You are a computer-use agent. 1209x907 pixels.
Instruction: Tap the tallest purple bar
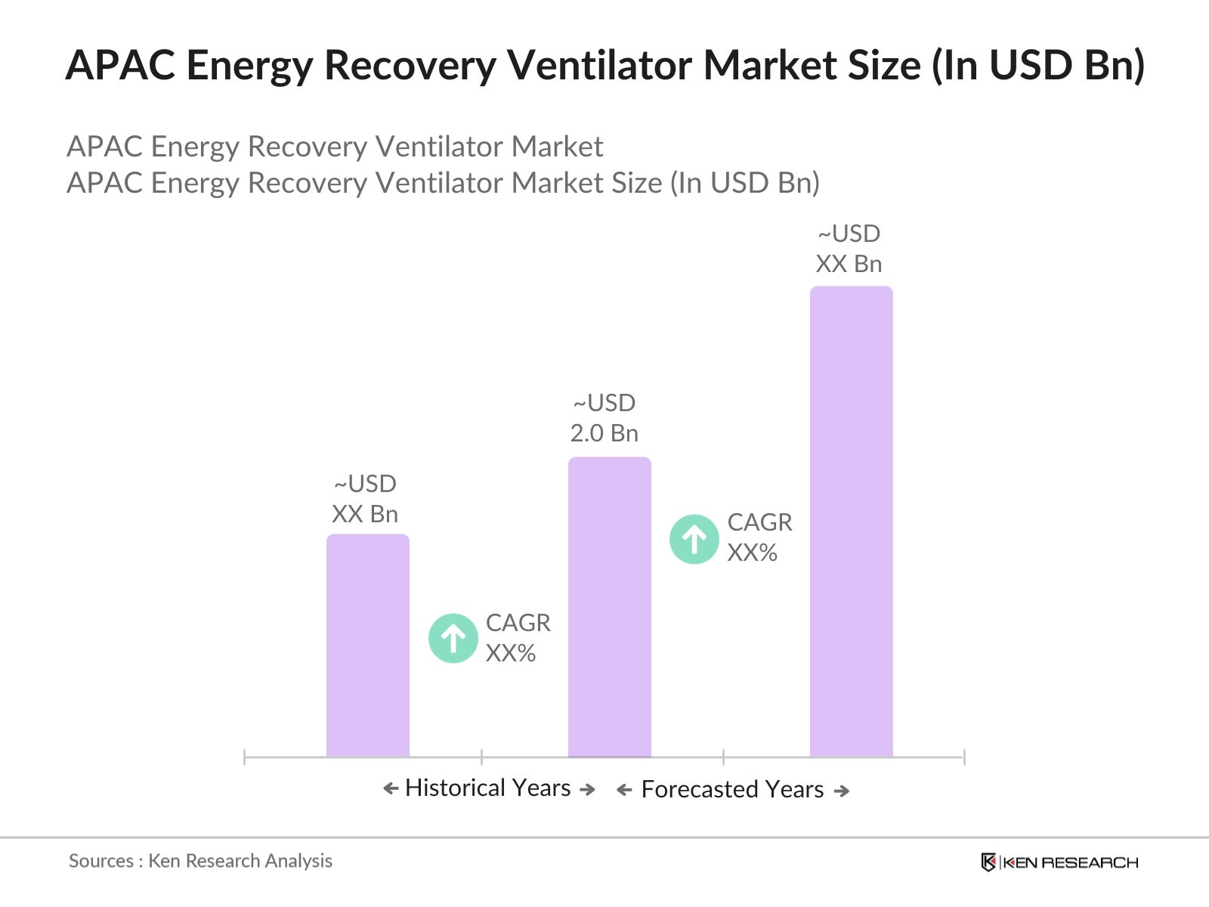pos(851,521)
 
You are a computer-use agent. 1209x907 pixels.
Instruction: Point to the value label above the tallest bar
pos(849,249)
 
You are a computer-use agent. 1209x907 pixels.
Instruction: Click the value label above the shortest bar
pos(365,499)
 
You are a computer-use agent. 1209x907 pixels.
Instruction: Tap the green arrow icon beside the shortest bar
pos(453,638)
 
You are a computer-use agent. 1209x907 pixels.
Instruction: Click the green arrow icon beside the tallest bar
pos(694,539)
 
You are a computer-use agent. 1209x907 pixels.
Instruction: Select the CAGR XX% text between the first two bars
pos(518,638)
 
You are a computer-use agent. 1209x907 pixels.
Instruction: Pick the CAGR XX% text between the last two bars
pos(759,537)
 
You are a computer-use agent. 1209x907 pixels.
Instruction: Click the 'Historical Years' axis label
pos(487,788)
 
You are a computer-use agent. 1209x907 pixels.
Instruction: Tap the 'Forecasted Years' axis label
pos(731,789)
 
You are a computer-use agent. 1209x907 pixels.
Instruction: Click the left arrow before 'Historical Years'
pos(391,789)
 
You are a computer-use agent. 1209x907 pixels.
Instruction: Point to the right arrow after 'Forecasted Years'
pos(842,791)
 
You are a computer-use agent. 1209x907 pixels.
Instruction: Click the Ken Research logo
pos(1059,862)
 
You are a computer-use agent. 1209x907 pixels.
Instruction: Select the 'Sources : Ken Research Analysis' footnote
pos(200,861)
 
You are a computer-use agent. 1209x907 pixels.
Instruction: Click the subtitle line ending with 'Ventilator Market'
pos(335,147)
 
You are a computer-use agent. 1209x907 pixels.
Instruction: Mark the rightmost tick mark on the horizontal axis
pos(964,757)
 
